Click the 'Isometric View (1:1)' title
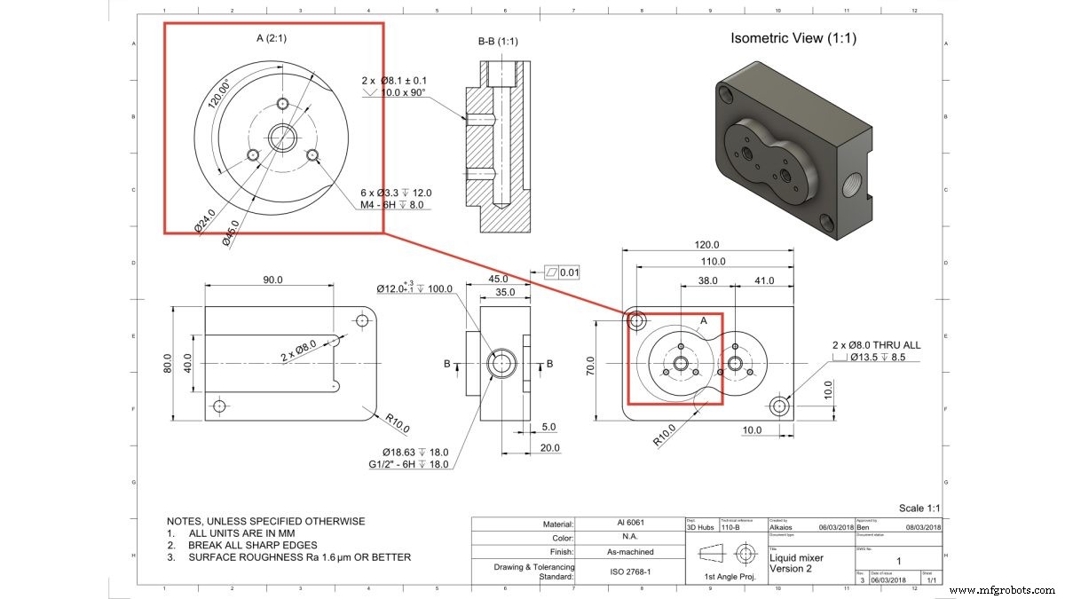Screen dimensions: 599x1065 (793, 38)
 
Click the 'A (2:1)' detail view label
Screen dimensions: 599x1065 (272, 38)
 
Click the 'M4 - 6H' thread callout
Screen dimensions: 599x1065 (391, 204)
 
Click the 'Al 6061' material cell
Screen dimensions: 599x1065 (630, 524)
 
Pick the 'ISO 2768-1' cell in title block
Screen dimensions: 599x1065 (630, 573)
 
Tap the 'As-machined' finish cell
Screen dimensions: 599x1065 (630, 552)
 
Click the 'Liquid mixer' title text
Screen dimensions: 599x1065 (796, 557)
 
